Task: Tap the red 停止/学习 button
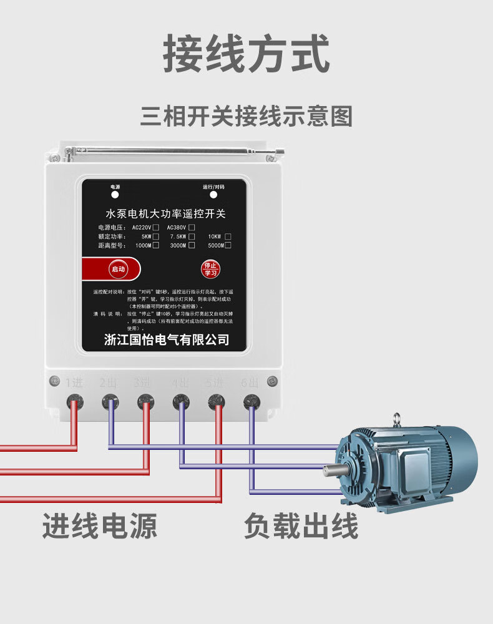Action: (x=210, y=269)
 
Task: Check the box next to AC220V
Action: (x=155, y=227)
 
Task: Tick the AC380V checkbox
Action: (x=192, y=227)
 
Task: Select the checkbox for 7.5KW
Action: (x=192, y=236)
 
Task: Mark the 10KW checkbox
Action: (x=228, y=236)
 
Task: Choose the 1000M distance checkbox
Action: (x=155, y=245)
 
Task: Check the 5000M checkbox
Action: (x=228, y=245)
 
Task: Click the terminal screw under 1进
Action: (x=74, y=401)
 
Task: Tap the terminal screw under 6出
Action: (x=251, y=401)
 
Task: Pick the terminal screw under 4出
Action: (x=181, y=401)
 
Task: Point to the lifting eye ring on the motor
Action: (x=396, y=419)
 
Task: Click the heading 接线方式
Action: (x=246, y=55)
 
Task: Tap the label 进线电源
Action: (x=100, y=525)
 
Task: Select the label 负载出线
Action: (x=301, y=525)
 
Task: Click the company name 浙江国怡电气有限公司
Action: (x=167, y=339)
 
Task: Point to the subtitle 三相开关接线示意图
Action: (x=246, y=117)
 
